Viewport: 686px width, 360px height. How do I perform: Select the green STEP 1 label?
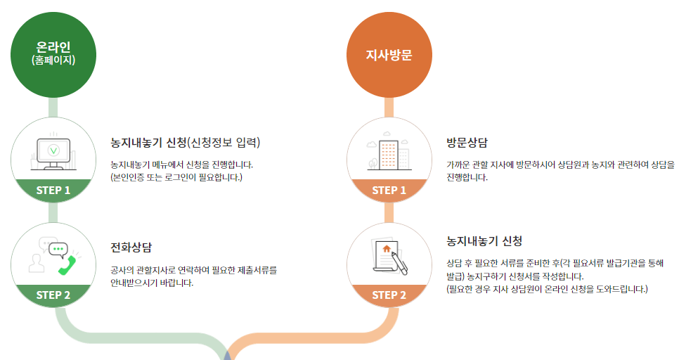pyautogui.click(x=53, y=190)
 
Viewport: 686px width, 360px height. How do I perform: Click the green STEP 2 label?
pyautogui.click(x=53, y=295)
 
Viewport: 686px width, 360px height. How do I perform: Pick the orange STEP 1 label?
pyautogui.click(x=389, y=190)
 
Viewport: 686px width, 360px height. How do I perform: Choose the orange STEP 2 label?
pyautogui.click(x=389, y=295)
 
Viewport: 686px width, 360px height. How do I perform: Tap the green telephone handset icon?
pyautogui.click(x=67, y=265)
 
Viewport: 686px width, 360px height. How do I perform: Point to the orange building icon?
pyautogui.click(x=388, y=154)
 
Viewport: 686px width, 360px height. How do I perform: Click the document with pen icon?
pyautogui.click(x=389, y=257)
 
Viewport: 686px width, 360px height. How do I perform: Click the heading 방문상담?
pyautogui.click(x=467, y=142)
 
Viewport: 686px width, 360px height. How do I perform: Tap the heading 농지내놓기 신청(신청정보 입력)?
pyautogui.click(x=186, y=142)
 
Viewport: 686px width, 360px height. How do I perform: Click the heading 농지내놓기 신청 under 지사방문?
pyautogui.click(x=484, y=241)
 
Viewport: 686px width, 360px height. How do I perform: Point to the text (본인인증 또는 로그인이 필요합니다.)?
pyautogui.click(x=176, y=177)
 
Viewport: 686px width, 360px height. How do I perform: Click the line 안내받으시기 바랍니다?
pyautogui.click(x=152, y=283)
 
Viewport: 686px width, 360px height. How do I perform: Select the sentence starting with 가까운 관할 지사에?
pyautogui.click(x=559, y=165)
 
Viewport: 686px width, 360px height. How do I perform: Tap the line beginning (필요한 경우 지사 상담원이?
pyautogui.click(x=547, y=289)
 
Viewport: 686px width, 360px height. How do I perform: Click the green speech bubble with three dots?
pyautogui.click(x=58, y=248)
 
